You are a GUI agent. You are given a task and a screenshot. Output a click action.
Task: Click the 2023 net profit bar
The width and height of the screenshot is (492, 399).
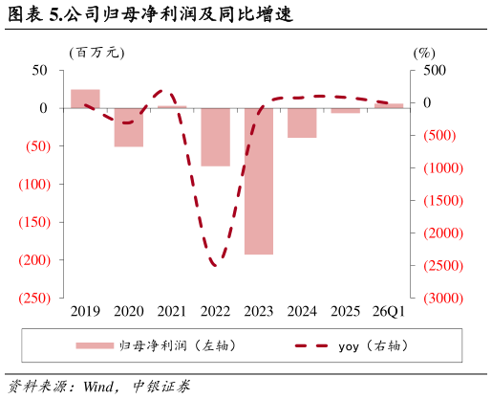tap(259, 181)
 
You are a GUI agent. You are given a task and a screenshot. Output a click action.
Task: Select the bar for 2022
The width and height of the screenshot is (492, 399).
tap(215, 137)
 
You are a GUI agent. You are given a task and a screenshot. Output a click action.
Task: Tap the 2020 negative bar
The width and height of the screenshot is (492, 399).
tap(129, 127)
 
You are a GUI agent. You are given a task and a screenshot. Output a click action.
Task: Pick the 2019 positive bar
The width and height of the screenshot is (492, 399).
tap(85, 99)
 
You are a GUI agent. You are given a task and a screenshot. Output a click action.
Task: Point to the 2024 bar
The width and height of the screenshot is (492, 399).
tap(302, 122)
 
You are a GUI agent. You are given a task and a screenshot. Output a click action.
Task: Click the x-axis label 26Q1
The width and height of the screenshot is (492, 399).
tap(389, 311)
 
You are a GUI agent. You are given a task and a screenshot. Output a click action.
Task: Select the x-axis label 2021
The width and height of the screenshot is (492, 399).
tap(172, 311)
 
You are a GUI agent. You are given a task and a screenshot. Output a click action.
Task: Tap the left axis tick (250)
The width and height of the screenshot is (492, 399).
tap(34, 299)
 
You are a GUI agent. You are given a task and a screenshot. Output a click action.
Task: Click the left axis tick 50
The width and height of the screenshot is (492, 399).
tap(39, 71)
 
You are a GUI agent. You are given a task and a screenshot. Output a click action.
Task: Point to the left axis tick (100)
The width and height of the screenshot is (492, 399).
tap(34, 185)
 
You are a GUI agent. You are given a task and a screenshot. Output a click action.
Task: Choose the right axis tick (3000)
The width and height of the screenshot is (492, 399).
tap(443, 299)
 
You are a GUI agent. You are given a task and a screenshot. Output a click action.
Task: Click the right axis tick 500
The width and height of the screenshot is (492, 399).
tap(435, 71)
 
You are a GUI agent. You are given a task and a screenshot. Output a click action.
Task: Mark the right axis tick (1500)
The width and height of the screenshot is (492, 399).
tap(443, 201)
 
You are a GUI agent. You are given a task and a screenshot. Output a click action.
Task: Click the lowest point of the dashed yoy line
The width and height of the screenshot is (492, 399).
tap(216, 265)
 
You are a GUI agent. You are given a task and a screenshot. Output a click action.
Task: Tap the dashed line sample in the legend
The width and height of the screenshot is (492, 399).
tap(311, 345)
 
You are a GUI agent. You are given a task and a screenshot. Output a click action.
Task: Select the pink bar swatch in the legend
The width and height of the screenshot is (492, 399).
tap(95, 345)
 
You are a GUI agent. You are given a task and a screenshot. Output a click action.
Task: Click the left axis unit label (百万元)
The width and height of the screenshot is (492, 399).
tap(96, 53)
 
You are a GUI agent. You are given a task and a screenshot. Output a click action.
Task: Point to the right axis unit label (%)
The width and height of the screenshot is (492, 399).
tap(424, 53)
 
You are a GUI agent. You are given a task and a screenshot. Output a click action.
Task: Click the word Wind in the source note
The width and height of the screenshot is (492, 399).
tap(98, 387)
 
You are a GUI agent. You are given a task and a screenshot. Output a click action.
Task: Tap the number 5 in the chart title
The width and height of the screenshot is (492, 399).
tap(53, 15)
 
